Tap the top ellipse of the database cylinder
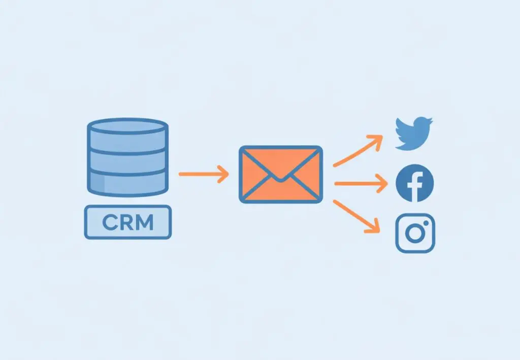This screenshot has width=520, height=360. click(x=127, y=126)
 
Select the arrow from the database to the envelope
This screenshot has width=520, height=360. click(x=203, y=174)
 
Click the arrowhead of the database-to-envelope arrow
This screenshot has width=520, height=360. click(x=224, y=174)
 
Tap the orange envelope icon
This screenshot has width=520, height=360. click(x=280, y=174)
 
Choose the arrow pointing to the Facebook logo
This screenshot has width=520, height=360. click(x=361, y=184)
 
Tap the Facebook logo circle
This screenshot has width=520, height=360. click(x=415, y=183)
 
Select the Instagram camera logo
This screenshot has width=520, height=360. click(x=415, y=233)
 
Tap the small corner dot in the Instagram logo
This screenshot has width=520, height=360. click(x=426, y=223)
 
